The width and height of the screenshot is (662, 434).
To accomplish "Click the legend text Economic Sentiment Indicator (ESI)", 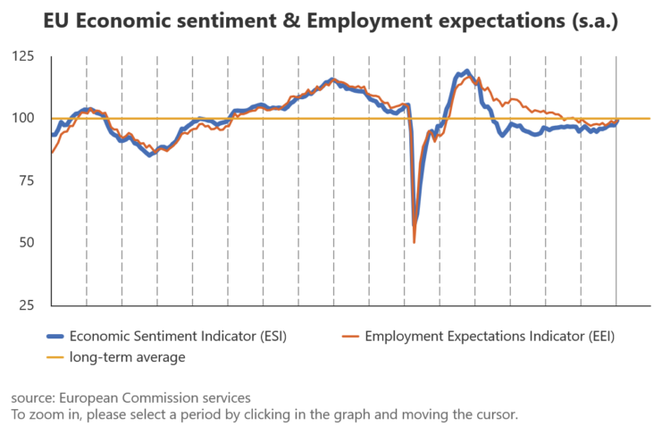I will click(x=178, y=336).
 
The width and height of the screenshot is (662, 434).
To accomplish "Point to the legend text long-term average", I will click(x=127, y=357).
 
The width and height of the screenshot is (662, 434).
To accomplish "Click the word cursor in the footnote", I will click(x=493, y=414).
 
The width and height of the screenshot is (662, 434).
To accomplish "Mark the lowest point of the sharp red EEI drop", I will click(x=415, y=241).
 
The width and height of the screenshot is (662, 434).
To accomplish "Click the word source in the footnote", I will click(x=31, y=397).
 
